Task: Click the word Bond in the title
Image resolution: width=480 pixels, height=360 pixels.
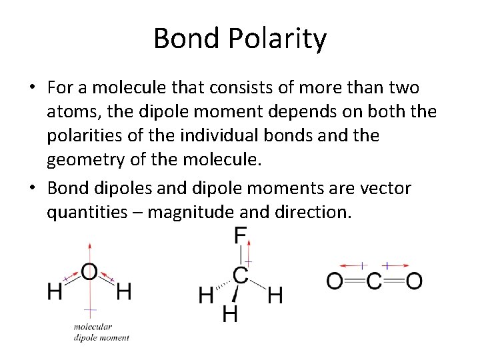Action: [189, 39]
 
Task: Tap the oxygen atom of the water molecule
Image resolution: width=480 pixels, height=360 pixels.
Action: [89, 272]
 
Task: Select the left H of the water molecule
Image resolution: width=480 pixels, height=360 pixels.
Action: [55, 291]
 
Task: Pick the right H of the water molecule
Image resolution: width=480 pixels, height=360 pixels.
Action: [123, 291]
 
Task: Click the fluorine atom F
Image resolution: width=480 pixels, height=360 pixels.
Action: [240, 235]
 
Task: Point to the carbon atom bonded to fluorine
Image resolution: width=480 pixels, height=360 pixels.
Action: [240, 275]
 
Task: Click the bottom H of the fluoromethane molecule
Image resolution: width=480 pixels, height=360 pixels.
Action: [229, 313]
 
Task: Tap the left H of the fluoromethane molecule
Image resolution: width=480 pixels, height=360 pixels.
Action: [207, 295]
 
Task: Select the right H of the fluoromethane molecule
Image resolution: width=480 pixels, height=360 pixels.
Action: [275, 295]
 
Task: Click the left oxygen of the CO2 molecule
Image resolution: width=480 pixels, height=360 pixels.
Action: [335, 281]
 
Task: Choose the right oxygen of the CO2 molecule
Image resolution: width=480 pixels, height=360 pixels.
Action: [414, 281]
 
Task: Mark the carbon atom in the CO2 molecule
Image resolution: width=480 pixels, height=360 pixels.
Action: [374, 281]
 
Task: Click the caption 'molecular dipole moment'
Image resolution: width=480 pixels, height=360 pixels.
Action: [101, 332]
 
